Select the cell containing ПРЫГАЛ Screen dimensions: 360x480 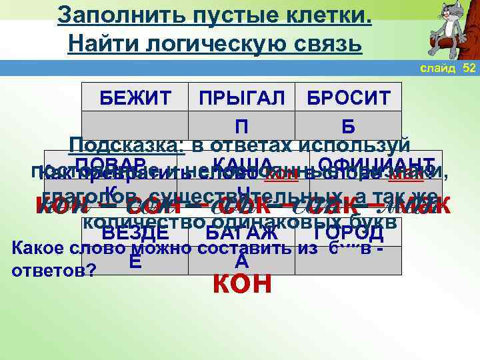coord(242,99)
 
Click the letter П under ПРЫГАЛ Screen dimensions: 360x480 coord(242,126)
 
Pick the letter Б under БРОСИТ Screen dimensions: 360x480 coord(348,126)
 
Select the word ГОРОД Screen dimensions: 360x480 coord(348,234)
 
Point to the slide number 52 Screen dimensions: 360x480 coord(469,69)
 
